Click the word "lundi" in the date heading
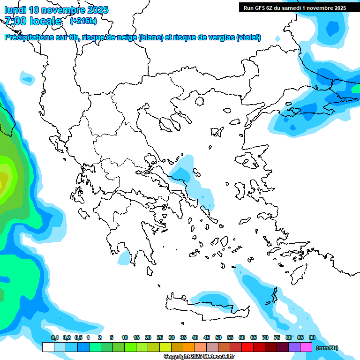[x=16, y=10]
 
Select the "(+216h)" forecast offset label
[x=83, y=21]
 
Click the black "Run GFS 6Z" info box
[x=294, y=7]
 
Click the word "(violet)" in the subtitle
[x=248, y=37]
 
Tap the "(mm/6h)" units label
[x=327, y=348]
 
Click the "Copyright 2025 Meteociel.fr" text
[x=199, y=356]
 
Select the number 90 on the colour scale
[x=312, y=337]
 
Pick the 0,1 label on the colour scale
[x=55, y=337]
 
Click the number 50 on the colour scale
[x=218, y=337]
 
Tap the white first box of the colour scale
[x=48, y=347]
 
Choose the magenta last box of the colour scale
[x=306, y=347]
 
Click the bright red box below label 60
[x=247, y=347]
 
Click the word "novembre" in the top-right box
[x=316, y=7]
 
